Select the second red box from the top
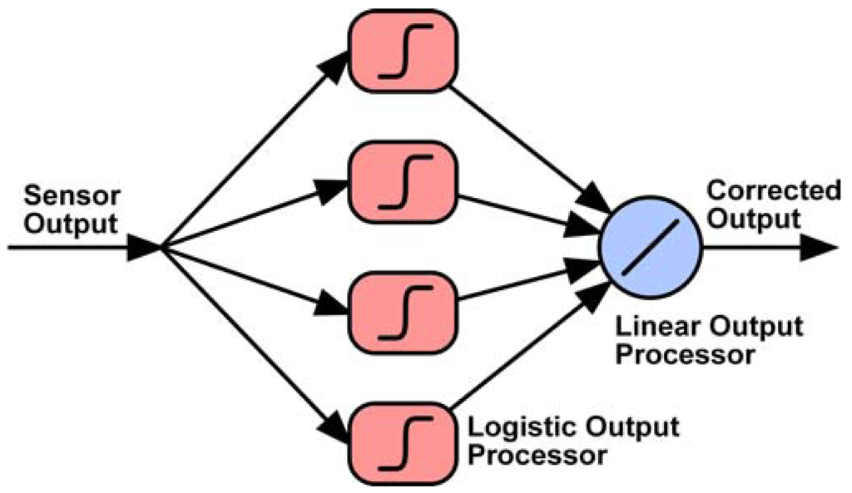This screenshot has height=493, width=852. pyautogui.click(x=403, y=180)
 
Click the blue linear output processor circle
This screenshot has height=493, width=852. pyautogui.click(x=651, y=248)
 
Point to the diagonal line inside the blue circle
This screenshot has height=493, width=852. pyautogui.click(x=651, y=248)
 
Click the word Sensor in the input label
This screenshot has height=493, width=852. pyautogui.click(x=72, y=197)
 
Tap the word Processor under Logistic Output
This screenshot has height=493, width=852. pyautogui.click(x=534, y=456)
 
